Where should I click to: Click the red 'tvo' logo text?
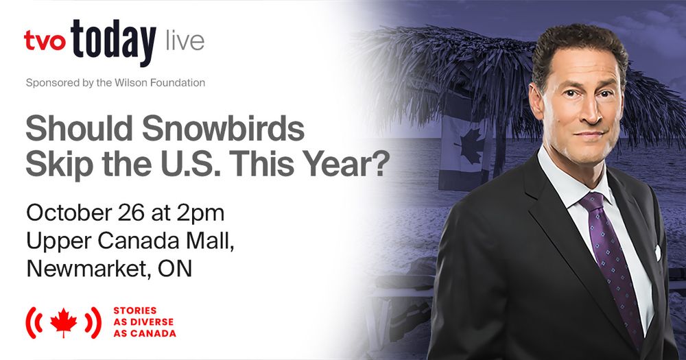tap(44, 40)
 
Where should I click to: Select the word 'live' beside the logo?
tap(185, 40)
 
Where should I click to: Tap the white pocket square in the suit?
tap(657, 252)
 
